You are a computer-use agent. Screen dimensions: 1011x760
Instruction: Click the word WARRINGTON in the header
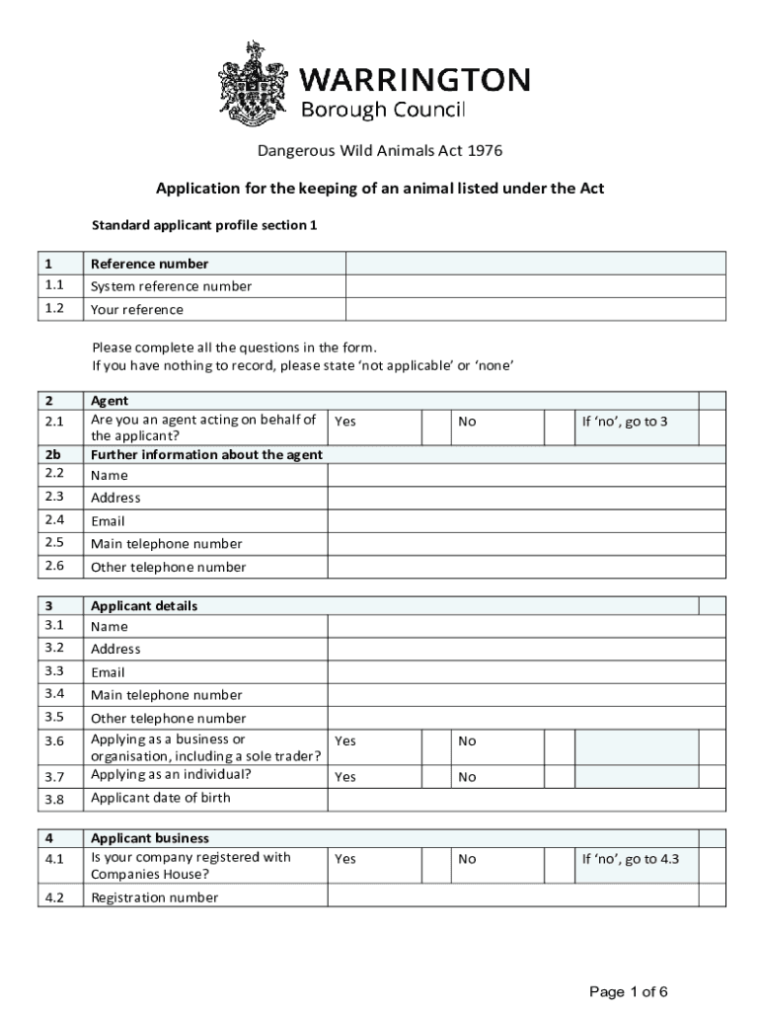coord(415,79)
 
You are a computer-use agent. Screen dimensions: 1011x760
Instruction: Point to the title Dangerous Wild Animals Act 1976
coord(380,151)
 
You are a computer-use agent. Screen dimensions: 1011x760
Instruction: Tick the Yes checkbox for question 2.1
coord(435,428)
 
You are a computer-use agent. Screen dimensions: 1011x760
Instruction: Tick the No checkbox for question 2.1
coord(558,428)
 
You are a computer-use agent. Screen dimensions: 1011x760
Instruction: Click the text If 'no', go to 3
coord(625,422)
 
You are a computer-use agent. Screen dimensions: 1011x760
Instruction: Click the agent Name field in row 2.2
coord(512,475)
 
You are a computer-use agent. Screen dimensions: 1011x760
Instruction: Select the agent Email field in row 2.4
coord(512,520)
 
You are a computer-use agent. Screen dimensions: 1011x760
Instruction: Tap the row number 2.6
coord(54,566)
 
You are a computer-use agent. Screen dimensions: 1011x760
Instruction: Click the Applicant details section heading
coord(144,606)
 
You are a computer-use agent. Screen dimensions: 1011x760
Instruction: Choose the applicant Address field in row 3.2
coord(512,649)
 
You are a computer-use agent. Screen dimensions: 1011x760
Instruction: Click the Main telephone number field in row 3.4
coord(512,695)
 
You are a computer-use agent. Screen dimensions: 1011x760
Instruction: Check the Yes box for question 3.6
coord(435,746)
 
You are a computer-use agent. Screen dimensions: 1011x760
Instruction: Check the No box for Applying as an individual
coord(558,777)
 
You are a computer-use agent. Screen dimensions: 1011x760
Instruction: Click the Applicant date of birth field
coord(512,798)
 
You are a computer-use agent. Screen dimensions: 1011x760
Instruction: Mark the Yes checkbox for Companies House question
coord(435,865)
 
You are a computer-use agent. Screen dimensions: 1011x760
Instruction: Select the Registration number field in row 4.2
coord(512,896)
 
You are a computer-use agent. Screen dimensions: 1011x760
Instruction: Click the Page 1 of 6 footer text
coord(629,991)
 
